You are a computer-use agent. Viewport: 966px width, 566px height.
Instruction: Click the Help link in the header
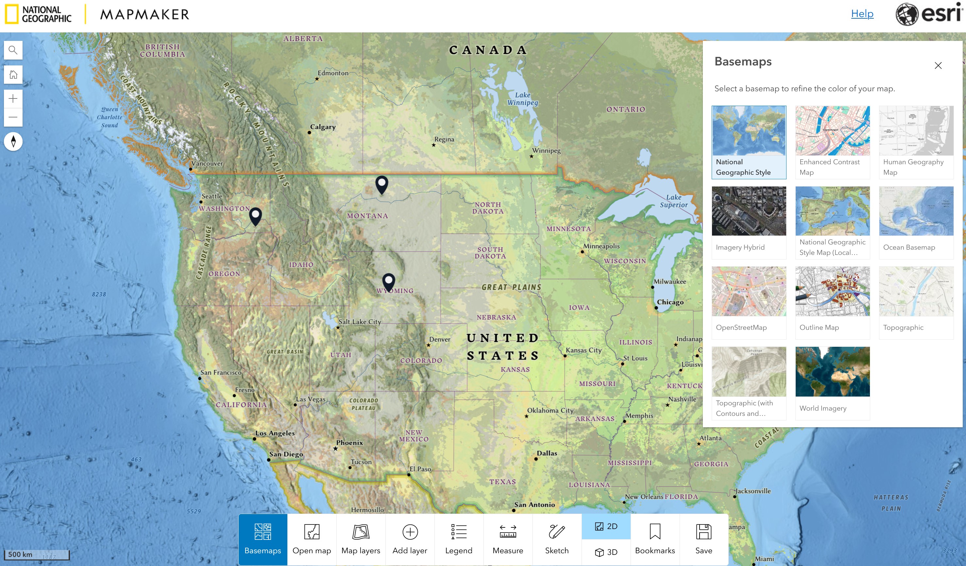(x=862, y=14)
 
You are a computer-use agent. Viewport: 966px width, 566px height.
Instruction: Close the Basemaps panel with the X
(x=938, y=66)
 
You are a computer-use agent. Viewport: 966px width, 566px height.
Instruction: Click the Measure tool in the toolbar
(x=508, y=539)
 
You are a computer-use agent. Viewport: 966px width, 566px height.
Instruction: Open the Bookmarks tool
(x=655, y=539)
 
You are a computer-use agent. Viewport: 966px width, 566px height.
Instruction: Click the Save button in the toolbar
(x=703, y=539)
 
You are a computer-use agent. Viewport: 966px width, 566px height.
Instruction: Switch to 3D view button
(x=606, y=552)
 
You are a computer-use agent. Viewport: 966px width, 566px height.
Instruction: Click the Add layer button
(x=410, y=539)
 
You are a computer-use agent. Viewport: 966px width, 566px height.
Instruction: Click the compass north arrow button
(x=13, y=142)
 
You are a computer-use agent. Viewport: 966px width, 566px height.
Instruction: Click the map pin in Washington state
(x=255, y=216)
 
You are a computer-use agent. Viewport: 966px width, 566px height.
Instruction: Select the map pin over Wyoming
(x=388, y=282)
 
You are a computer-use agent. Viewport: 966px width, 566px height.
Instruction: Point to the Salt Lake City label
(x=360, y=322)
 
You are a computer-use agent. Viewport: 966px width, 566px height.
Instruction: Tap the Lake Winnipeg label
(x=522, y=98)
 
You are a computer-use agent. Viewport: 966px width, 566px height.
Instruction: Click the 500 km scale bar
(x=36, y=555)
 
